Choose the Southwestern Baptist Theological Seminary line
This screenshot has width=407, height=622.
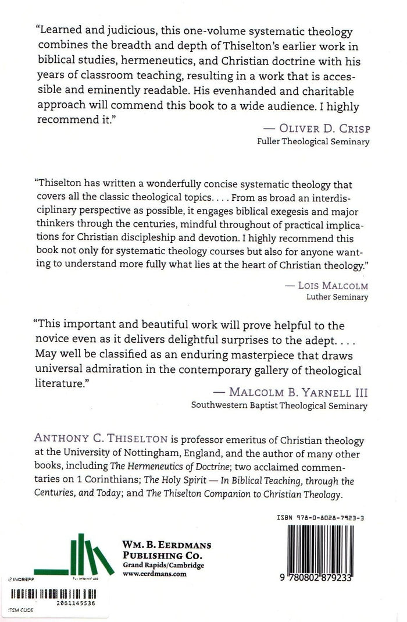(279, 407)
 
